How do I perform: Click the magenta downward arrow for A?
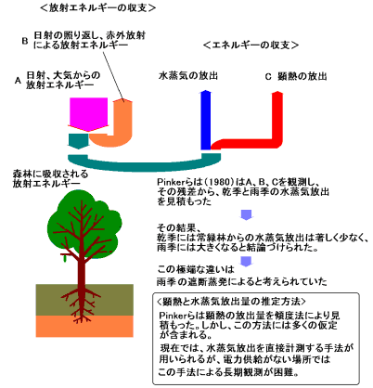pos(88,114)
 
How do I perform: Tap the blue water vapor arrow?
pos(206,120)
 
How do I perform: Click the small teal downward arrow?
pos(78,141)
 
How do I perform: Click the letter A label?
pos(18,81)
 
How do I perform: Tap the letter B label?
pos(25,41)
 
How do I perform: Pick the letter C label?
pos(268,76)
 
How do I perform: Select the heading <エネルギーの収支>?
pos(251,45)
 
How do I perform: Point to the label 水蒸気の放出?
pos(188,76)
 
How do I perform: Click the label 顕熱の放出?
pos(302,76)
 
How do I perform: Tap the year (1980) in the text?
pos(220,182)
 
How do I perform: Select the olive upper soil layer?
pos(84,300)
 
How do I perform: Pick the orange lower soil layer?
pos(84,326)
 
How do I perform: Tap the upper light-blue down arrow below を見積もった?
pos(246,214)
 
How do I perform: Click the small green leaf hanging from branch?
pos(65,258)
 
